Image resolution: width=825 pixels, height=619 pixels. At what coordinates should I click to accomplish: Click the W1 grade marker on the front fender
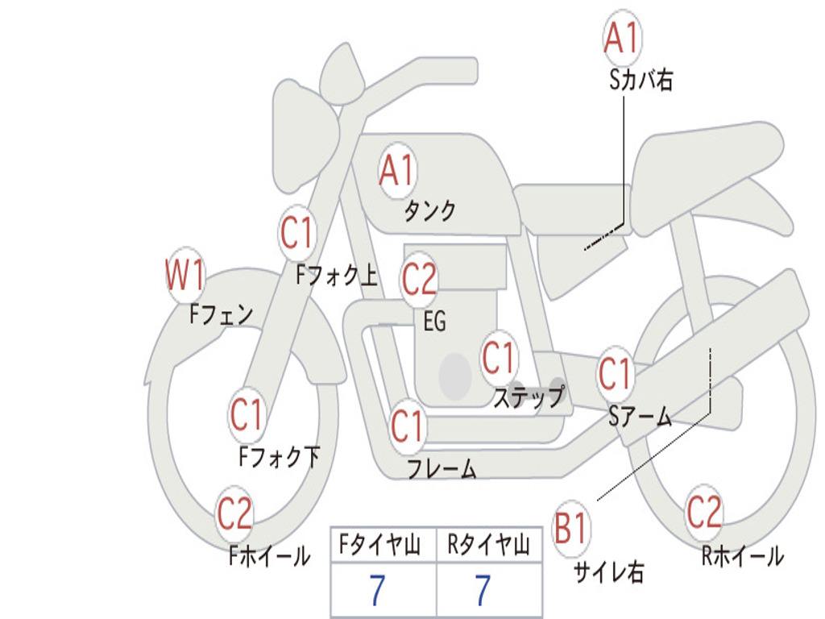pos(185,275)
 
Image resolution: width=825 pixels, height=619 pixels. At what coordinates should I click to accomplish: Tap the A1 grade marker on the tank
pos(398,171)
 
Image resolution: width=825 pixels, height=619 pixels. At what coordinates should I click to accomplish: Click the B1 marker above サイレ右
pos(571,528)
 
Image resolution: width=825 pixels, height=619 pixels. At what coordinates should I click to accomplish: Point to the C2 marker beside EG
pos(419,280)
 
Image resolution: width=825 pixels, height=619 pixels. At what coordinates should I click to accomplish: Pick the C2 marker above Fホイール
pos(234,513)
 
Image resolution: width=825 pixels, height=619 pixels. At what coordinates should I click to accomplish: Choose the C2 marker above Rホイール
pos(704,513)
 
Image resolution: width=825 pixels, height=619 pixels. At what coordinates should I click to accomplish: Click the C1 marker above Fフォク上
pos(296,233)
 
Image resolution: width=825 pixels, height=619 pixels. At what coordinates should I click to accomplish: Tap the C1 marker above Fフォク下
pos(247,415)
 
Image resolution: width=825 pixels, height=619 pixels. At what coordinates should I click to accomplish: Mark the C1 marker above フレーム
pos(407,426)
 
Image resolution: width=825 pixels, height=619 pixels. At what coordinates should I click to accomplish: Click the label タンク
pos(429,211)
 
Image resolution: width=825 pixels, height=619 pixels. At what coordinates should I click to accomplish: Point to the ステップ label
pos(529,397)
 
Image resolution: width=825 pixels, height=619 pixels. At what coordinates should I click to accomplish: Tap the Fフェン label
pos(221,315)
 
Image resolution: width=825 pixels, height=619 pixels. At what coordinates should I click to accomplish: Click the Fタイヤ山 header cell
pos(383,544)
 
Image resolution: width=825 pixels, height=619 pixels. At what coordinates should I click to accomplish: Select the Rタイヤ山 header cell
pos(489,544)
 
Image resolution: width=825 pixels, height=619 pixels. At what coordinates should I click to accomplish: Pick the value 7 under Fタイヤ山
pos(377,590)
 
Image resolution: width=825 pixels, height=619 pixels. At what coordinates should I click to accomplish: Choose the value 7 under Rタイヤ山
pos(483,590)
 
